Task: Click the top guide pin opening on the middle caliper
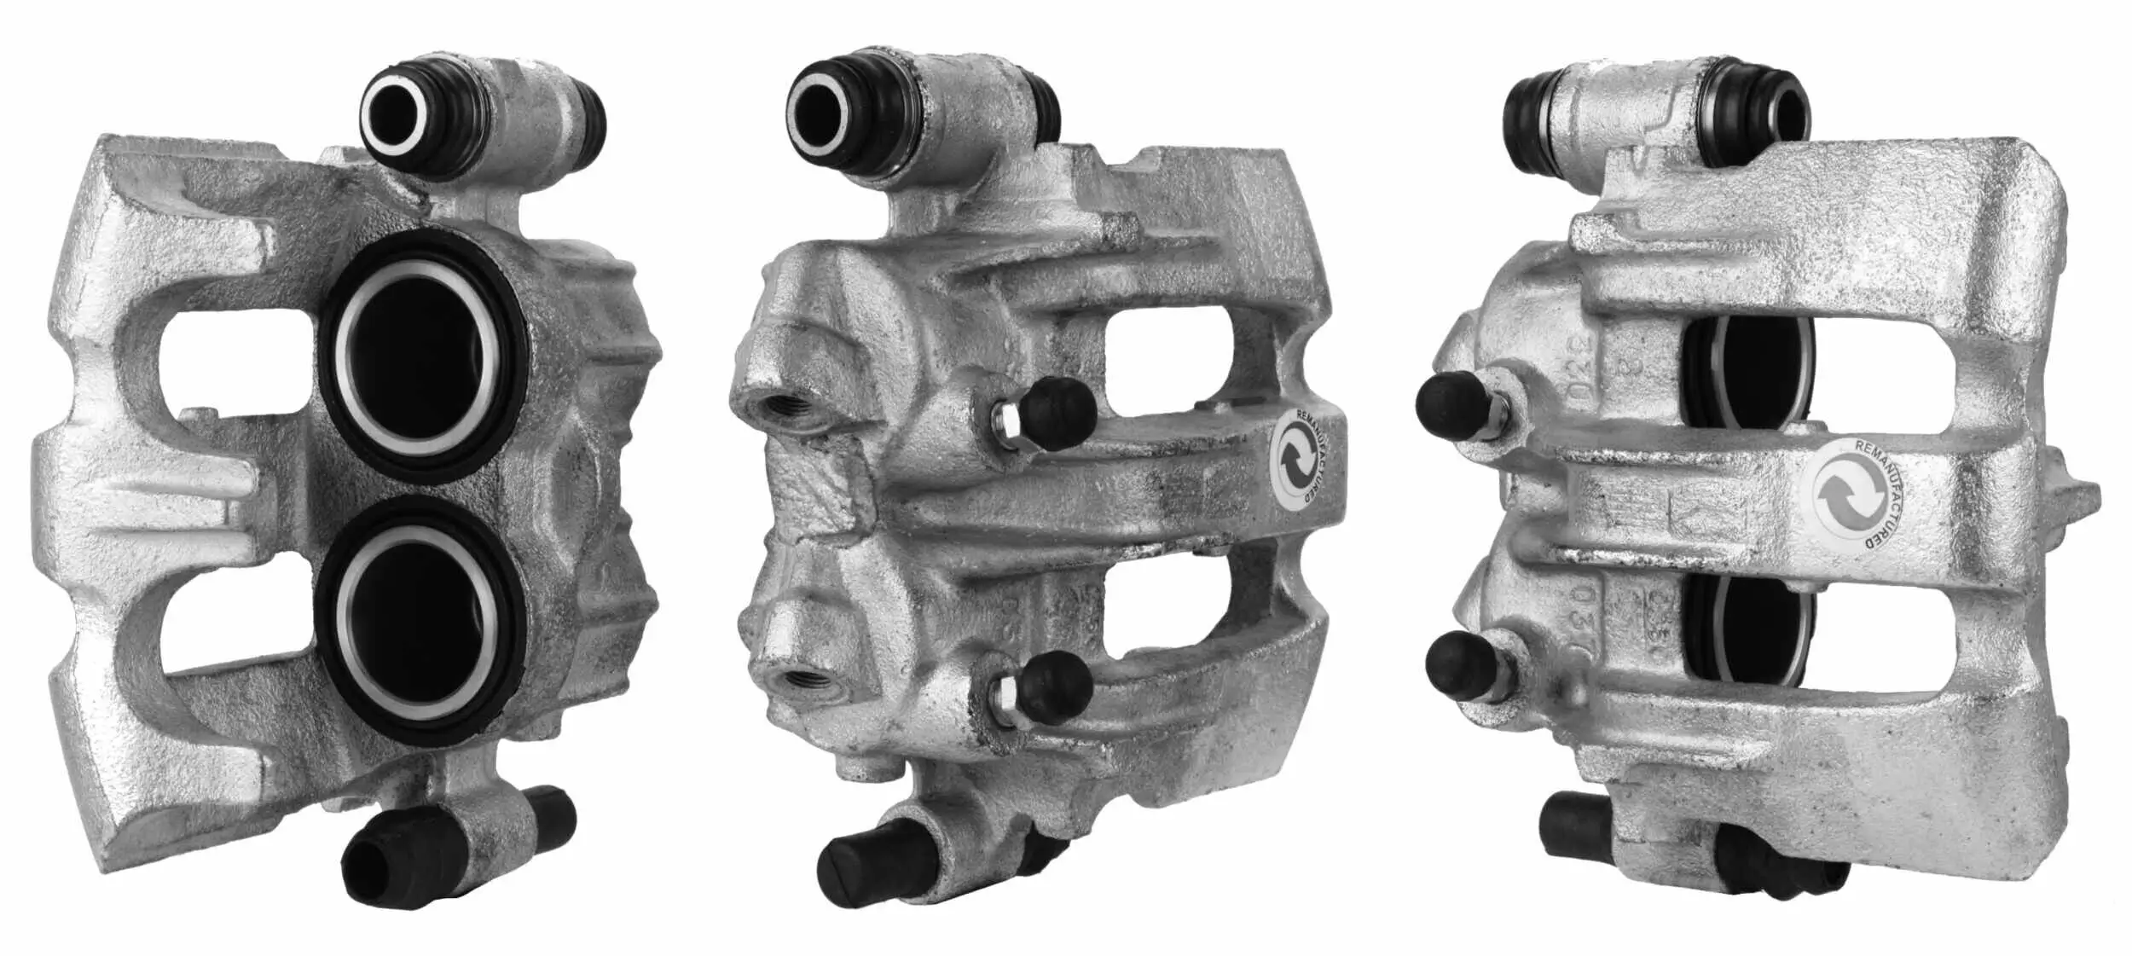pos(818,109)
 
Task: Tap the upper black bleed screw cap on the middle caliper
pos(1058,413)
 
